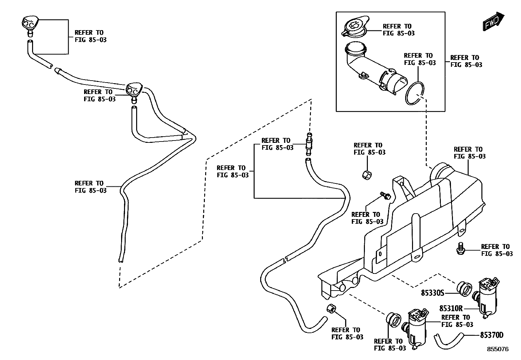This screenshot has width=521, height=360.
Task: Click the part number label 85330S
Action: [432, 293]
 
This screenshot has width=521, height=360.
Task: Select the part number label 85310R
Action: [451, 308]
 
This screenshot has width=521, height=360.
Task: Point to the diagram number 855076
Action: [498, 349]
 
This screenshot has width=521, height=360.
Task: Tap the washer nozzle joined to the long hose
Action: [134, 90]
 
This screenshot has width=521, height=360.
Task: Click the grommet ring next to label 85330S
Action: [464, 289]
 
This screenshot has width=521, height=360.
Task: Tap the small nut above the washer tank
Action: [367, 175]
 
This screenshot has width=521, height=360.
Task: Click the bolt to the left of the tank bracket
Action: [386, 196]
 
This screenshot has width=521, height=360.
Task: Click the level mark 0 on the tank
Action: [380, 254]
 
